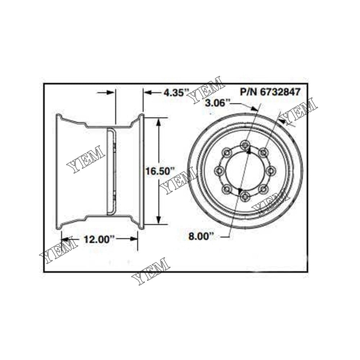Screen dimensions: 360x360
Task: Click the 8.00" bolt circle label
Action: tap(201, 237)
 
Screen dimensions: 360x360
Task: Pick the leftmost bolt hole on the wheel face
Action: tap(219, 170)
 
